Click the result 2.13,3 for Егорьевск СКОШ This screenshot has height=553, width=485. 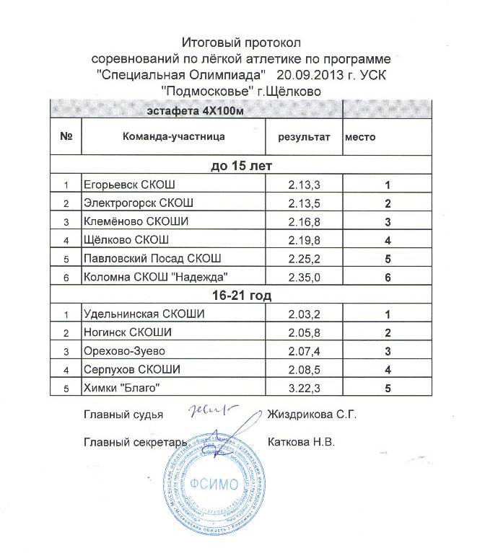click(303, 185)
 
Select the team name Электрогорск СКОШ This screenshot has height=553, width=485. click(138, 202)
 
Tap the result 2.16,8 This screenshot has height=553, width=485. click(303, 221)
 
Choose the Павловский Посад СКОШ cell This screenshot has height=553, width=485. click(152, 257)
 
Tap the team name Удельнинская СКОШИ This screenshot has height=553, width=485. click(144, 314)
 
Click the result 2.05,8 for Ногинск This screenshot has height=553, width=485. click(303, 333)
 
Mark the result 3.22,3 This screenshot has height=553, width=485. click(303, 389)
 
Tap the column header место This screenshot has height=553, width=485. click(360, 136)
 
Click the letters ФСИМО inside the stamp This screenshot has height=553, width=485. click(215, 484)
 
